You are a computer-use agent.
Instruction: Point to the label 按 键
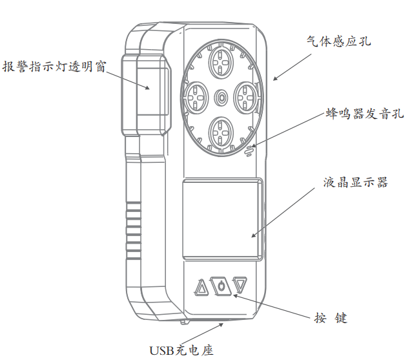(331, 318)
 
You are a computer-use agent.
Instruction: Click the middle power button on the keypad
(221, 285)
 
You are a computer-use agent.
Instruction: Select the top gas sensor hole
(221, 63)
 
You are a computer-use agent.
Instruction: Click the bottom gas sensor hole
(221, 131)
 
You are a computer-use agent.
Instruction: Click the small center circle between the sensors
(221, 98)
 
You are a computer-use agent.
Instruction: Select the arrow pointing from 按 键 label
(271, 306)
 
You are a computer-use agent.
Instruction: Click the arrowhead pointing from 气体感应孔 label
(275, 79)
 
